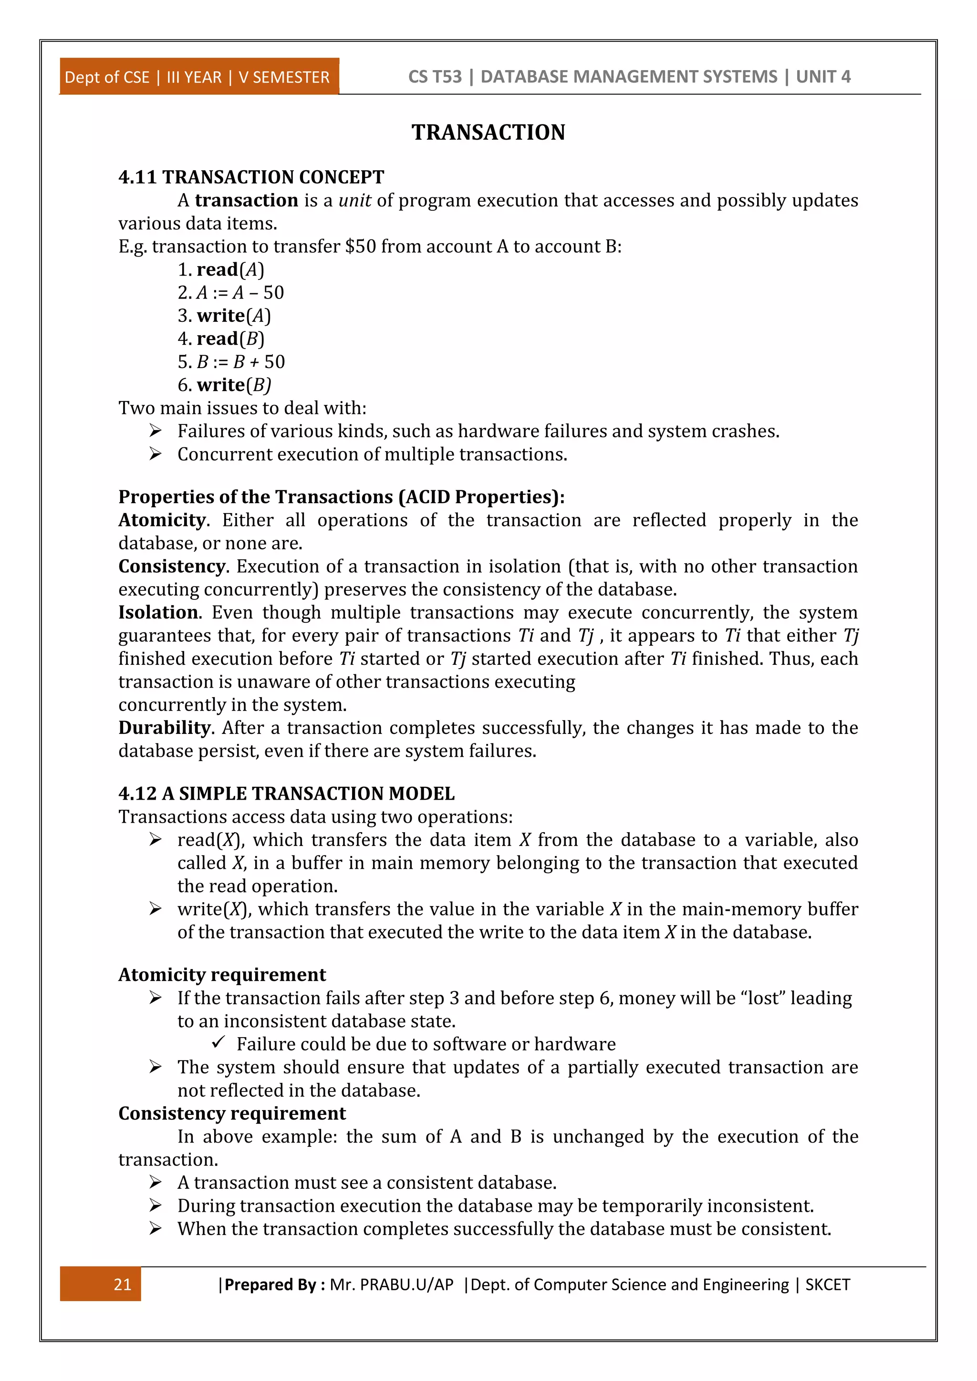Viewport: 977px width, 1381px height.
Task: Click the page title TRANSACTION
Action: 488,132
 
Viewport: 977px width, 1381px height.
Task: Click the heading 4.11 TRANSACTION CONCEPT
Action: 251,177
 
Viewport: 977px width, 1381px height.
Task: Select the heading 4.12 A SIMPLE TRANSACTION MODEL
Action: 286,794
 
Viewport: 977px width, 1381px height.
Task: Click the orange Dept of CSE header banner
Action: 198,77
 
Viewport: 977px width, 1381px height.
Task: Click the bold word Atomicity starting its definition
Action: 162,520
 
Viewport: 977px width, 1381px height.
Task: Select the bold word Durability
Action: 164,727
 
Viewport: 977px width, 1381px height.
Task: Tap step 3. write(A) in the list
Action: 224,315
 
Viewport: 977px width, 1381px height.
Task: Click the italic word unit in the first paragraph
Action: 354,200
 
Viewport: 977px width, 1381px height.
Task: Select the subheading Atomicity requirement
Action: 221,974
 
